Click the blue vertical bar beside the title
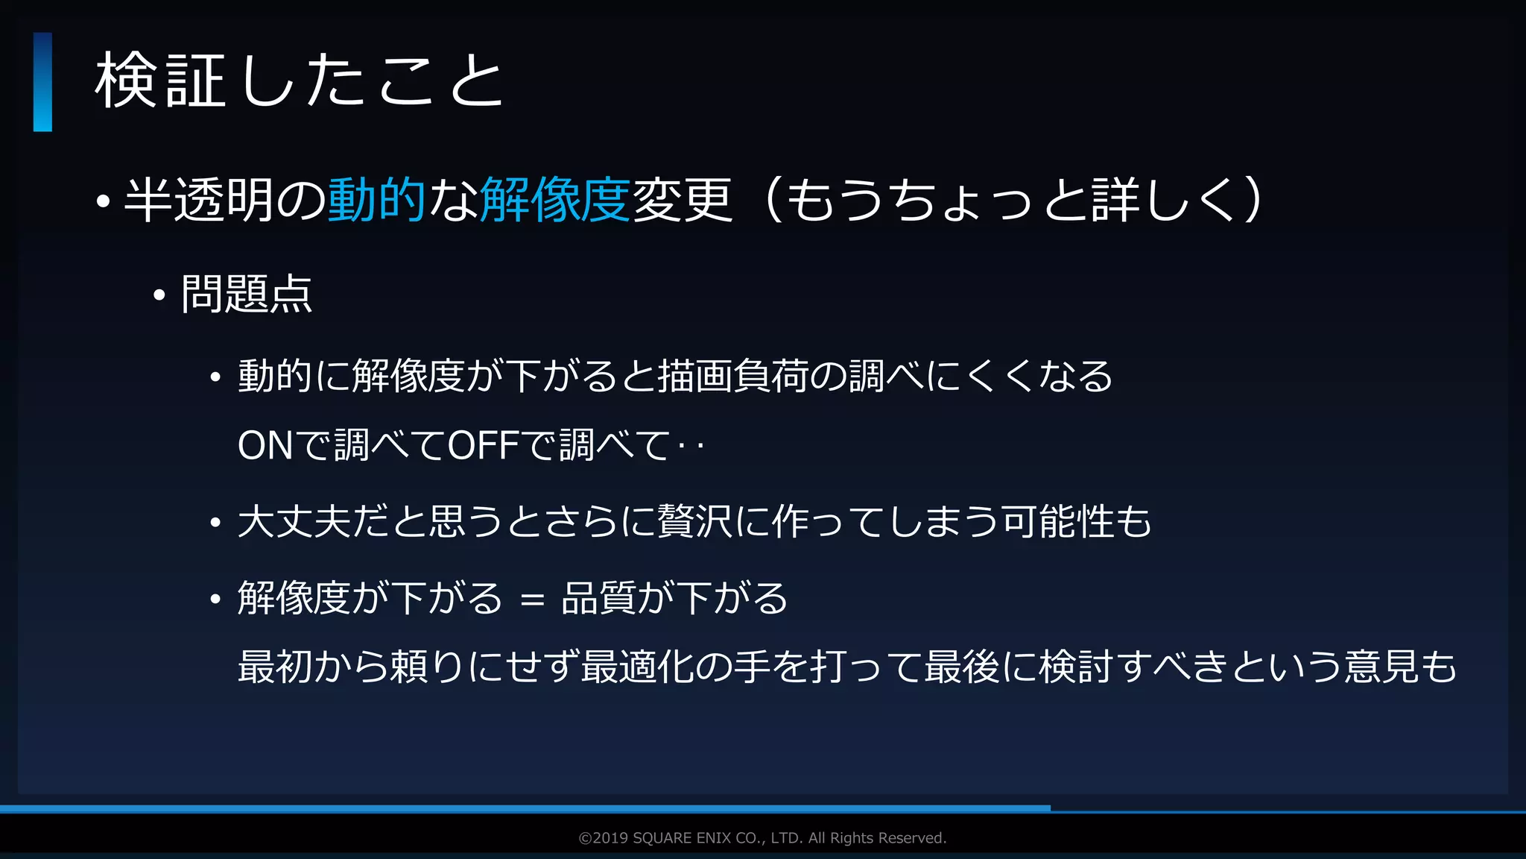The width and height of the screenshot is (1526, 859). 42,82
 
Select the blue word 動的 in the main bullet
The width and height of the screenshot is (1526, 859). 376,200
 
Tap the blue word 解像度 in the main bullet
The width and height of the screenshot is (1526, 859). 555,200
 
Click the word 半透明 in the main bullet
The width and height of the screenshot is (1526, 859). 199,200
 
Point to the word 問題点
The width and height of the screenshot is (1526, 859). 247,294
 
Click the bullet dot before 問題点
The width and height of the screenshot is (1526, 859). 159,296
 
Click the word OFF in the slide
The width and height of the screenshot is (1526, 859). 484,446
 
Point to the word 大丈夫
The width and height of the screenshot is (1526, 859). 294,521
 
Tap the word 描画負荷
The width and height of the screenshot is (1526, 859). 734,376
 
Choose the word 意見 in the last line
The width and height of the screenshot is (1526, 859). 1381,666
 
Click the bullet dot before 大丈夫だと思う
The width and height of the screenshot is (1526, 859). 215,523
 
